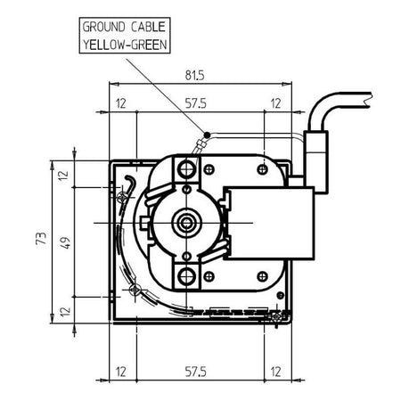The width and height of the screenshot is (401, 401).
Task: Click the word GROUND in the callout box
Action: (103, 27)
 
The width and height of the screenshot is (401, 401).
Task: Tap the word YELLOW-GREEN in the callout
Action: (125, 45)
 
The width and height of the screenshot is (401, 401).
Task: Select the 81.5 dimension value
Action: (195, 75)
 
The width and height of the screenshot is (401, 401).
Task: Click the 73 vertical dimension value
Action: (41, 238)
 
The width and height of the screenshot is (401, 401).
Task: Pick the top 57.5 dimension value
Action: (196, 103)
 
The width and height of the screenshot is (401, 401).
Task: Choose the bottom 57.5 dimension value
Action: (196, 372)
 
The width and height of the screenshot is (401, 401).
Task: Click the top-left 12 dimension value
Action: (121, 103)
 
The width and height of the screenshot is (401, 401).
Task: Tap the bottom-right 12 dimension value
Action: (275, 372)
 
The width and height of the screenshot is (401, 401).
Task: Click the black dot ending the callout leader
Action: (207, 135)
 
